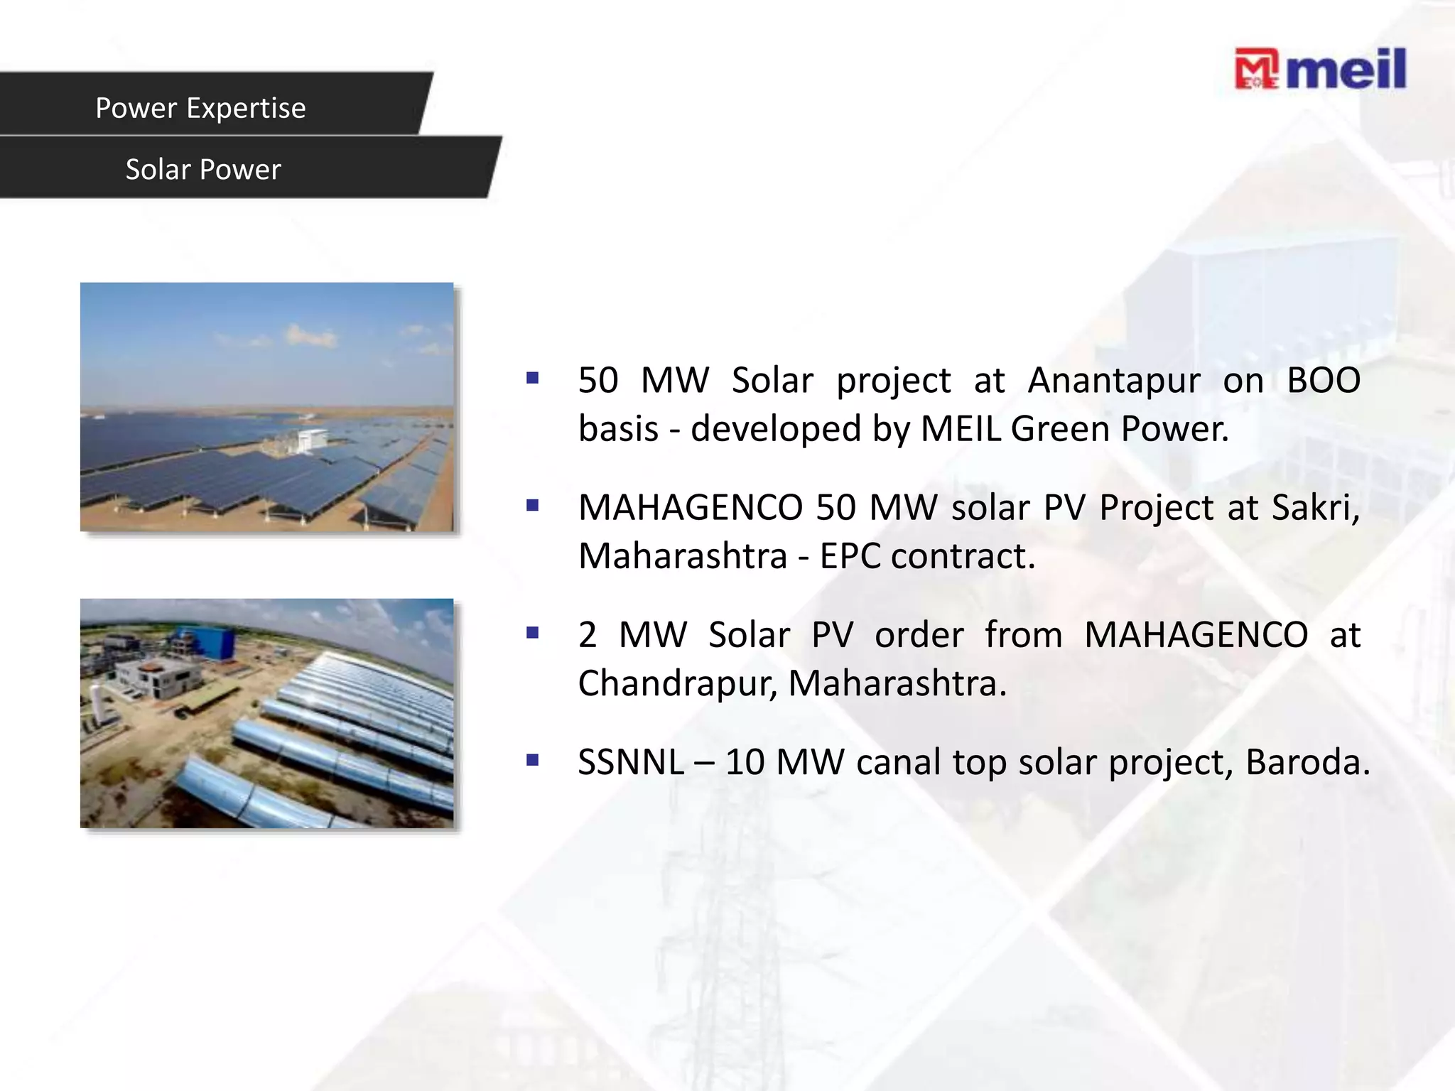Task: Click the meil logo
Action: click(1320, 70)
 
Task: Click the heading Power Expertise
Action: click(200, 108)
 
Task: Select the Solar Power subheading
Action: click(203, 170)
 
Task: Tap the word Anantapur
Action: click(1114, 381)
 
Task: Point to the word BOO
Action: click(1324, 380)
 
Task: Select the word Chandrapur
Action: click(676, 683)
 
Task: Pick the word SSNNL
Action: click(631, 762)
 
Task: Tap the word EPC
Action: click(850, 556)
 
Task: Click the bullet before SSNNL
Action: click(533, 761)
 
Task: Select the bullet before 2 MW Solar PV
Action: click(533, 633)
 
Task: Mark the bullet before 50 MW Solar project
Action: click(533, 379)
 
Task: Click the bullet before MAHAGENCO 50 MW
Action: click(533, 506)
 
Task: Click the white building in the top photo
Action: click(305, 440)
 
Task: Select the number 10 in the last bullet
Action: click(745, 762)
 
